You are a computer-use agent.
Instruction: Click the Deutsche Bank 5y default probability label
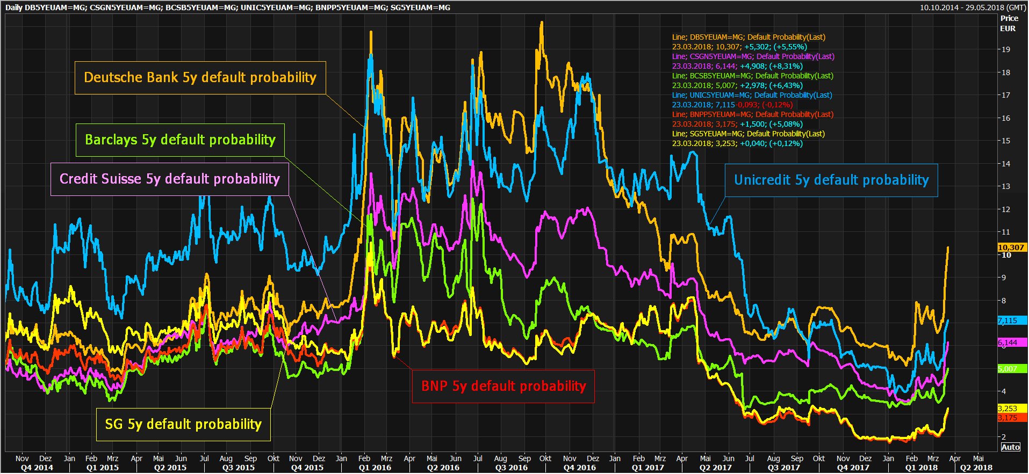tap(200, 77)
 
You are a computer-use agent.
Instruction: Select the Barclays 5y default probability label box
tap(180, 140)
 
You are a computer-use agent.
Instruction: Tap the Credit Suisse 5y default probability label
tap(170, 179)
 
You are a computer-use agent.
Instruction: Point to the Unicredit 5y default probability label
tap(831, 180)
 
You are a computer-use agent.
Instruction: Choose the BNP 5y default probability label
tap(503, 387)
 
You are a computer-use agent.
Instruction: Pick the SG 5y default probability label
tap(183, 425)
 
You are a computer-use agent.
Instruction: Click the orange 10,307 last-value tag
tap(1011, 247)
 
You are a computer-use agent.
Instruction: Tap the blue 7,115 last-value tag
tap(1011, 320)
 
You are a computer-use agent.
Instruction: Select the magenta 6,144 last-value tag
tap(1011, 342)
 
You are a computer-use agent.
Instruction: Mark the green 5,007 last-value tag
tap(1011, 369)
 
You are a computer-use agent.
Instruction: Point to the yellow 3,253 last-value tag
tap(1011, 409)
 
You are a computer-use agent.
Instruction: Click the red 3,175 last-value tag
tap(1011, 418)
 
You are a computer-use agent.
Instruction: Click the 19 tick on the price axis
tap(1005, 49)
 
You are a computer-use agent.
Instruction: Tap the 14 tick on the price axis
tap(1005, 164)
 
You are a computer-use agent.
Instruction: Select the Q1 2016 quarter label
tap(375, 468)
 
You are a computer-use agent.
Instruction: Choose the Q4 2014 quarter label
tap(37, 468)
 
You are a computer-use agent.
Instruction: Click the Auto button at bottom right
tap(1011, 447)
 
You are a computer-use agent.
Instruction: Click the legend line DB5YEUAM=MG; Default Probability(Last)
tap(749, 38)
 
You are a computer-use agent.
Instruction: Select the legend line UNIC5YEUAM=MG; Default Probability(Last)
tap(752, 96)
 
